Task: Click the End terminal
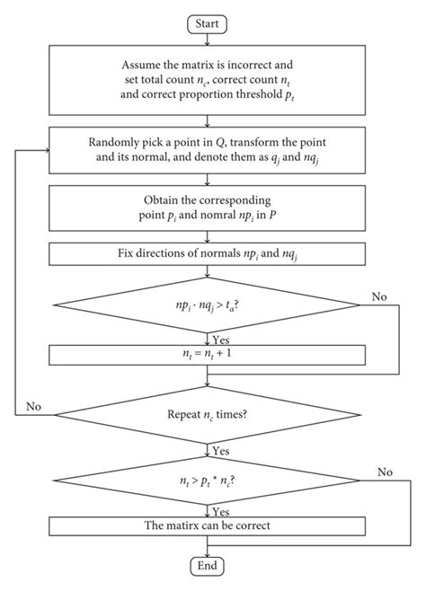pyautogui.click(x=208, y=566)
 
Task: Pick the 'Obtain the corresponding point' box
pyautogui.click(x=208, y=207)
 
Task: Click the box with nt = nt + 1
pyautogui.click(x=208, y=354)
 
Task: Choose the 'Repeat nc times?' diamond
pyautogui.click(x=208, y=416)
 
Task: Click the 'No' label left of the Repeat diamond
pyautogui.click(x=33, y=406)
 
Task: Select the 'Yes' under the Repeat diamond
pyautogui.click(x=221, y=451)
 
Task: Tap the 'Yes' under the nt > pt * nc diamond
pyautogui.click(x=221, y=509)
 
